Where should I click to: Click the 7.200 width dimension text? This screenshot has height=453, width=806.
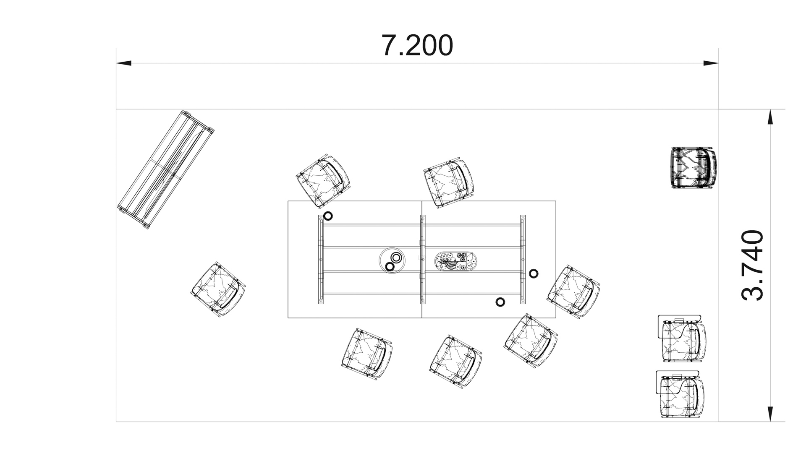click(417, 45)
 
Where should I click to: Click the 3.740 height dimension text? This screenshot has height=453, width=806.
click(752, 265)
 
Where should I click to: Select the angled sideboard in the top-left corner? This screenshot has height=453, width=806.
click(166, 170)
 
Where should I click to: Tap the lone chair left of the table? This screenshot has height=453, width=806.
click(218, 289)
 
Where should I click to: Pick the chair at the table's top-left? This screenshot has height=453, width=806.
click(323, 181)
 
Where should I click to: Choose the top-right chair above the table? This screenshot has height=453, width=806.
click(449, 182)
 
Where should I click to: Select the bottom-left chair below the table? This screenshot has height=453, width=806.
click(367, 355)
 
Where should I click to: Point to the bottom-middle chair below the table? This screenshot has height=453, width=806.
click(456, 361)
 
